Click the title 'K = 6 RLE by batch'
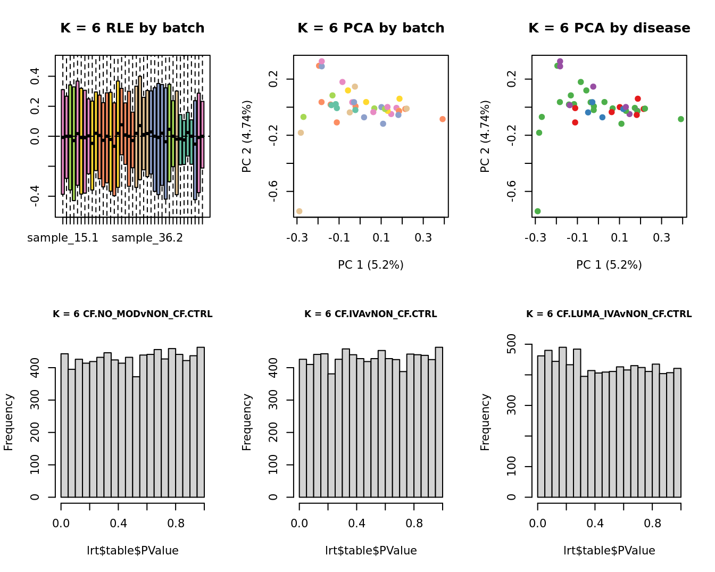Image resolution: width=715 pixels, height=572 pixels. pyautogui.click(x=132, y=28)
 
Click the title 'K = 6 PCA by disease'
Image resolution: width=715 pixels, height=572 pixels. pyautogui.click(x=609, y=28)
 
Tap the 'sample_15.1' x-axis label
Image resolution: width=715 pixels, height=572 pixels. pyautogui.click(x=63, y=238)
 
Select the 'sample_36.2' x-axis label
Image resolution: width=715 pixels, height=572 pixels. pyautogui.click(x=147, y=238)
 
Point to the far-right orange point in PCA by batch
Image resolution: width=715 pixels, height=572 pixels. pyautogui.click(x=443, y=119)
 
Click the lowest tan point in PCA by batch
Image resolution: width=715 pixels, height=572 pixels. pyautogui.click(x=299, y=211)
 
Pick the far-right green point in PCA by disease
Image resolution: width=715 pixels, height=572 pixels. pyautogui.click(x=681, y=119)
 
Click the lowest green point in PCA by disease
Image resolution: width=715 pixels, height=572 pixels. pyautogui.click(x=537, y=211)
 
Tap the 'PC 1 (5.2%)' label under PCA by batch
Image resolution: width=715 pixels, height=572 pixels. pyautogui.click(x=371, y=265)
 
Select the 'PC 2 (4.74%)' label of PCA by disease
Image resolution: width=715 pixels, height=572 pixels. pyautogui.click(x=485, y=136)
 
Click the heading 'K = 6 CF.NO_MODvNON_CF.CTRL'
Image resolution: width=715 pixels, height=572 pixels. pyautogui.click(x=132, y=314)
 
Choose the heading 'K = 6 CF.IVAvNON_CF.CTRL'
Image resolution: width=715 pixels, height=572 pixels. pyautogui.click(x=371, y=314)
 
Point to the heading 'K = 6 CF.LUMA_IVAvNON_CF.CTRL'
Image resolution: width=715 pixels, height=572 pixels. pyautogui.click(x=609, y=314)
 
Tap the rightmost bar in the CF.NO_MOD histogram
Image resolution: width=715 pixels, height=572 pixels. pyautogui.click(x=201, y=422)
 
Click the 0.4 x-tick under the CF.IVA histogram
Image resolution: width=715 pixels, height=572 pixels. pyautogui.click(x=357, y=524)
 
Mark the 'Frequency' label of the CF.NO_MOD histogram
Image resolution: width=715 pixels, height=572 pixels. pyautogui.click(x=9, y=422)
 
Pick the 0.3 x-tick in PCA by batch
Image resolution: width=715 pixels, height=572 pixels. pyautogui.click(x=423, y=237)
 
